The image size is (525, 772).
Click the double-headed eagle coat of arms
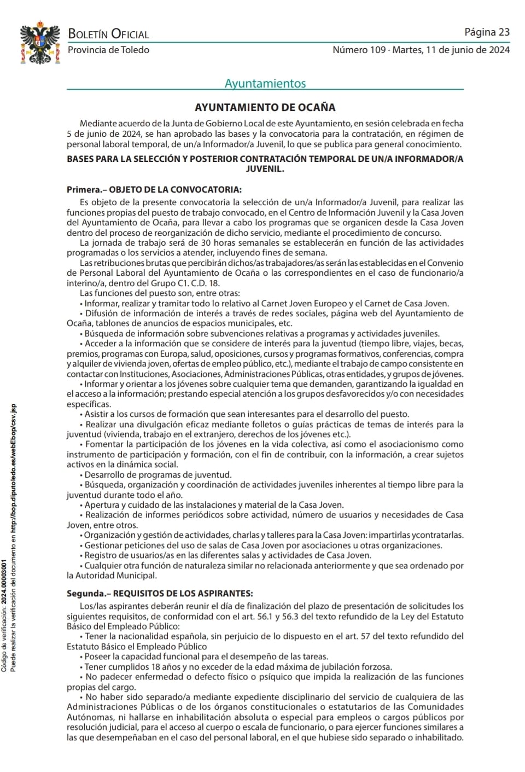pyautogui.click(x=40, y=43)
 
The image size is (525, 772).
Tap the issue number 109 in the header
pyautogui.click(x=377, y=50)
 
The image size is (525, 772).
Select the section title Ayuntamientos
pyautogui.click(x=265, y=83)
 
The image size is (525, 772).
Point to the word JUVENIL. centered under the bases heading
pyautogui.click(x=265, y=169)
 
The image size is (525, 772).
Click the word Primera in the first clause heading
pyautogui.click(x=84, y=190)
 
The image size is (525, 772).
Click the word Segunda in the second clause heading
pyautogui.click(x=85, y=593)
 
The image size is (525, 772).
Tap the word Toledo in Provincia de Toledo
pyautogui.click(x=136, y=50)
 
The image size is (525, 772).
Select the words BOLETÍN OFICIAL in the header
pyautogui.click(x=108, y=34)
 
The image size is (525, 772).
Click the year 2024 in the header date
pyautogui.click(x=499, y=50)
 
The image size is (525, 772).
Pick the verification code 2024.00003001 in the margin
pyautogui.click(x=4, y=582)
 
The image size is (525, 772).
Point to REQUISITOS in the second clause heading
pyautogui.click(x=139, y=593)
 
